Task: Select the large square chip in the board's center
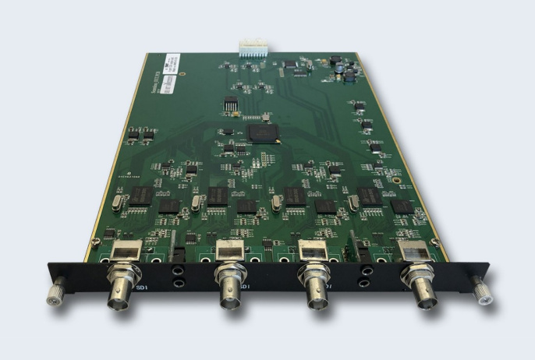point(260,132)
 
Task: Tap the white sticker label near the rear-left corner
point(172,62)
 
